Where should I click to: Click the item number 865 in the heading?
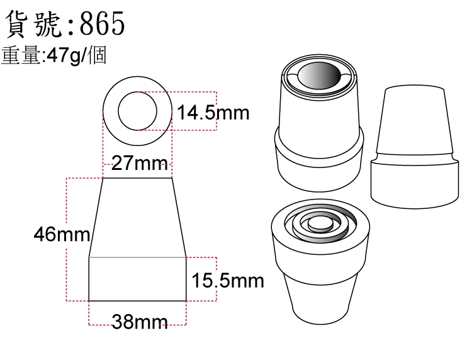pyautogui.click(x=102, y=23)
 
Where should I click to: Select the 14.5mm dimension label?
pyautogui.click(x=213, y=113)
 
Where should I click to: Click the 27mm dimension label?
pyautogui.click(x=139, y=163)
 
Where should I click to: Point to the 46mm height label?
pyautogui.click(x=62, y=234)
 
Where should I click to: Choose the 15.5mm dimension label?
pyautogui.click(x=228, y=281)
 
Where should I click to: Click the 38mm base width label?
pyautogui.click(x=140, y=322)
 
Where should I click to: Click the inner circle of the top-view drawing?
pyautogui.click(x=138, y=92)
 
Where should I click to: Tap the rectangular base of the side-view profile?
pyautogui.click(x=138, y=279)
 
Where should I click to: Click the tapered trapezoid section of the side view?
pyautogui.click(x=138, y=218)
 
